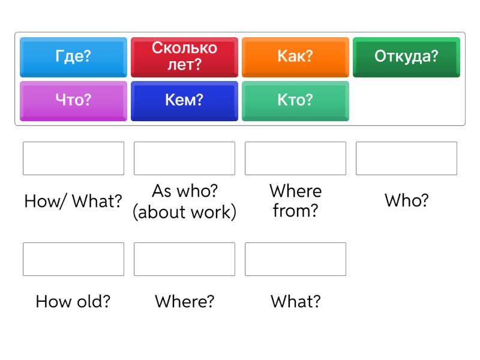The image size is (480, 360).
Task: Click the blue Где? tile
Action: point(73,56)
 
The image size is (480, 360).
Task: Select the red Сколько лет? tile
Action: point(184,56)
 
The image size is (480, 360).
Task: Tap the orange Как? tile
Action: point(295,56)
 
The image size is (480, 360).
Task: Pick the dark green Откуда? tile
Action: point(406,56)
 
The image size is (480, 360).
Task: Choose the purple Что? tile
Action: point(73,100)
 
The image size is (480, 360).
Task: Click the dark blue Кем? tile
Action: point(184,100)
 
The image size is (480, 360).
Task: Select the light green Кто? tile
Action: point(295,100)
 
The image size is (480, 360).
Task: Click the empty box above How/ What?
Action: point(73,158)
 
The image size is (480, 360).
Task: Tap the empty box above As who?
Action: point(184,158)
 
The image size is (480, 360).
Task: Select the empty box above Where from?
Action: point(295,158)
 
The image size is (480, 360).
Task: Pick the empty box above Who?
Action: point(406,158)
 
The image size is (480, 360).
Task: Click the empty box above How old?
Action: point(73,259)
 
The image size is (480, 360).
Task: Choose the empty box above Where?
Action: point(184,259)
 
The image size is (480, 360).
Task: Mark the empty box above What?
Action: point(295,259)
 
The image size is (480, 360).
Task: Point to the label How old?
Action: point(73,301)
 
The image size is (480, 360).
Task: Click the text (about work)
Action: point(184,212)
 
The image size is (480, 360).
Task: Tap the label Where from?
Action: point(295,201)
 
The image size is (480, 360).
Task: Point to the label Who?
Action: point(406,201)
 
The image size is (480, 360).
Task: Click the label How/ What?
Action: point(73,202)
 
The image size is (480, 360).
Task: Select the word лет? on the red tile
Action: point(184,65)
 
